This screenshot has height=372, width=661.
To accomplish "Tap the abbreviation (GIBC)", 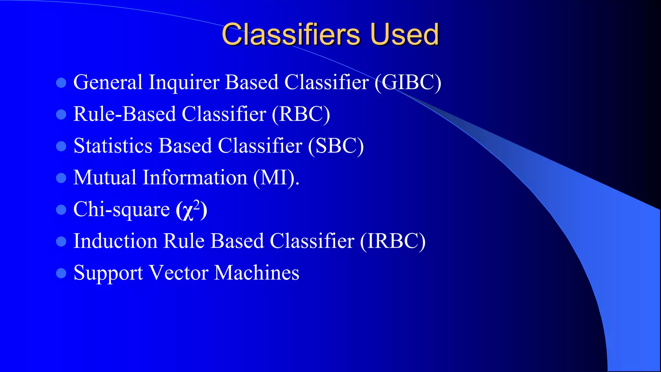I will tap(408, 82).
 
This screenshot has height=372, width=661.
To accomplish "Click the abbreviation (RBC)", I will tap(300, 114).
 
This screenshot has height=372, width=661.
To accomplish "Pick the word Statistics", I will tap(113, 146).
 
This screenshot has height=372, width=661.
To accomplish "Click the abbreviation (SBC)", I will tap(336, 146).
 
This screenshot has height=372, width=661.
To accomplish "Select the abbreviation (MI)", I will tap(276, 178).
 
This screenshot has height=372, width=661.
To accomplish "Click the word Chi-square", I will tap(121, 210).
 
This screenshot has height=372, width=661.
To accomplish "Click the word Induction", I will tap(115, 241).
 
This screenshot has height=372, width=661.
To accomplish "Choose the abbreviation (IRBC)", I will tap(392, 241).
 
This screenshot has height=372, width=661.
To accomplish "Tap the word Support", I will tap(108, 273).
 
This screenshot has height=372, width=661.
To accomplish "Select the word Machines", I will tap(257, 273).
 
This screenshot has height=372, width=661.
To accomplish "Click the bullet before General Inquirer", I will tap(61, 83).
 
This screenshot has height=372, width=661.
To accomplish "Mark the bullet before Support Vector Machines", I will tap(61, 273).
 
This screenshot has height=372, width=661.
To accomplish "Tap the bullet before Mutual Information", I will tap(61, 178).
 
